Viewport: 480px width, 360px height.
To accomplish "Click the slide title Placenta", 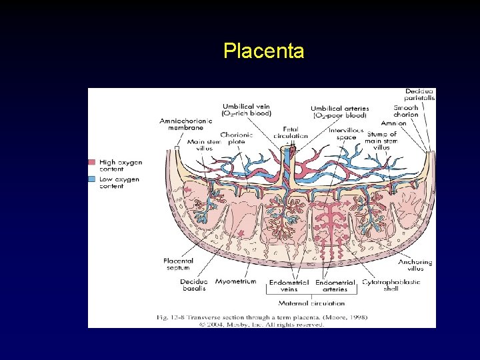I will click(264, 51).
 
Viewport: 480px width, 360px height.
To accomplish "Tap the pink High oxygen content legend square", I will click(92, 162).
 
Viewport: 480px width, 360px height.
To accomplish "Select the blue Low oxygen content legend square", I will click(92, 179).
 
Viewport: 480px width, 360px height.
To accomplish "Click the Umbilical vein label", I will click(246, 109).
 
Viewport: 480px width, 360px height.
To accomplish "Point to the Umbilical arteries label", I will click(339, 111).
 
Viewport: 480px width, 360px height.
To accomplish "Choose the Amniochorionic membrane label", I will click(186, 124).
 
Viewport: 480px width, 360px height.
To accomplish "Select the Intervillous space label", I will click(347, 133).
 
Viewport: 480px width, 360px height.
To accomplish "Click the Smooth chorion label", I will click(406, 111).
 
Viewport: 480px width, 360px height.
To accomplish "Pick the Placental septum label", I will click(178, 264).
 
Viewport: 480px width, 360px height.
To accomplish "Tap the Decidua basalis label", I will click(193, 285).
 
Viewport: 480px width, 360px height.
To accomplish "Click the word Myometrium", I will click(236, 281).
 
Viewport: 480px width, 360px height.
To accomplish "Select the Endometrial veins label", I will click(289, 285).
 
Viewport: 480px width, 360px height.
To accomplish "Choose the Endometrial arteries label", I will click(335, 285).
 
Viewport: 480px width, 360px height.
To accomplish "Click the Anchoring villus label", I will click(416, 265).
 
